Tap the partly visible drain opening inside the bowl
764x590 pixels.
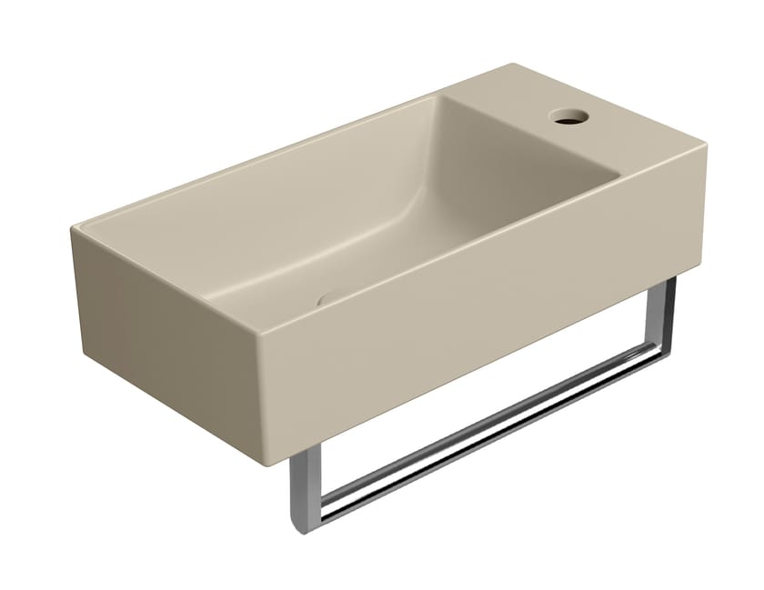click(x=333, y=295)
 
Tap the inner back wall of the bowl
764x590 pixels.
click(x=300, y=173)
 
